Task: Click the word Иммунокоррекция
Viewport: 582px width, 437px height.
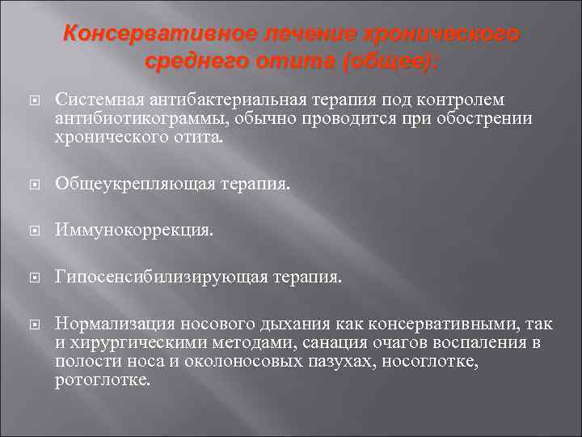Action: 134,231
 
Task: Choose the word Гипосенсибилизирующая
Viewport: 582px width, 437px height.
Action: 155,278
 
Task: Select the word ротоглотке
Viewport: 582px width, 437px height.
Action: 102,379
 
